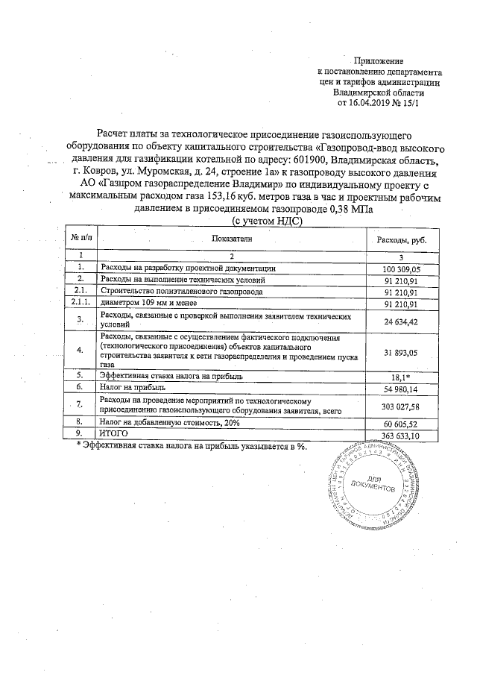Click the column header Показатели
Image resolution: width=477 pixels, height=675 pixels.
231,238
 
